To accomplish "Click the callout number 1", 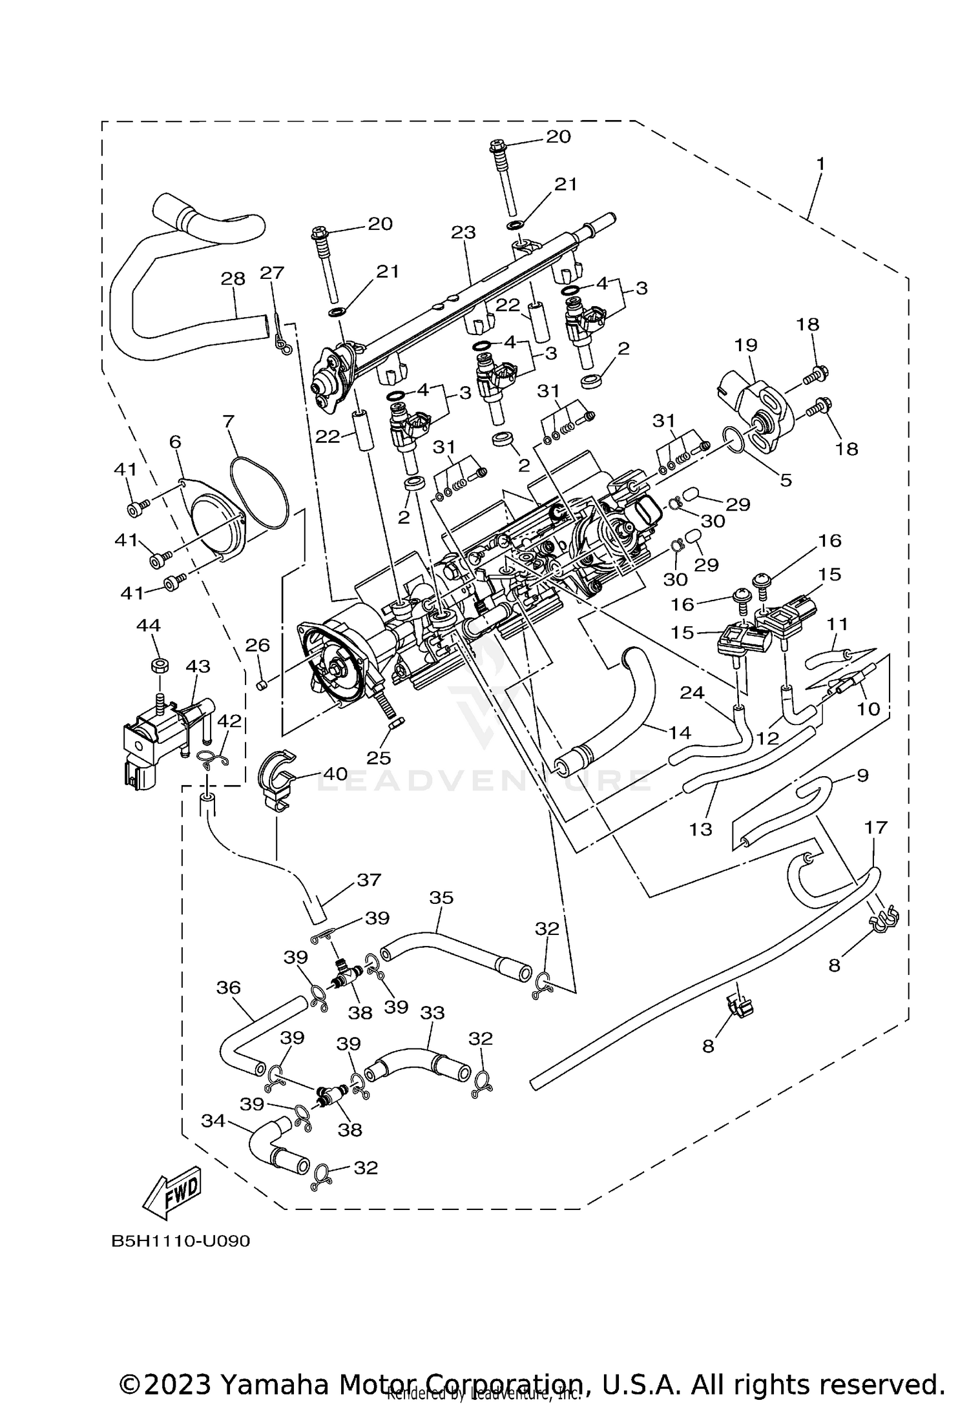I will click(820, 164).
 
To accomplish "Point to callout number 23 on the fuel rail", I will click(463, 232).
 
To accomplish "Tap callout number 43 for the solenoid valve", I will click(198, 666).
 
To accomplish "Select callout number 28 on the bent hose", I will click(233, 279).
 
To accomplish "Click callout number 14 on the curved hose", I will click(680, 732).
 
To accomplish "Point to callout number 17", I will click(875, 826).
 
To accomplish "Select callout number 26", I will click(258, 645).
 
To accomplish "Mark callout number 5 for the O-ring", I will click(786, 480).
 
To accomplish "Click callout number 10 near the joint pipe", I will click(869, 708).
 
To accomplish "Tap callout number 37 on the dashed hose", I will click(369, 879).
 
